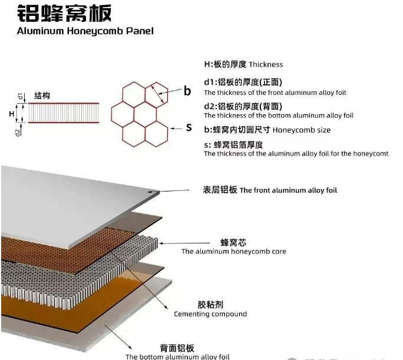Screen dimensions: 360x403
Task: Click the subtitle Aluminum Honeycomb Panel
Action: point(85,31)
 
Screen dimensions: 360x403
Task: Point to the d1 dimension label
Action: point(20,96)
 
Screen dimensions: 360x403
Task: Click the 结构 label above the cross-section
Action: point(42,96)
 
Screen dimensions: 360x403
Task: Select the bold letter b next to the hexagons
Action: point(187,91)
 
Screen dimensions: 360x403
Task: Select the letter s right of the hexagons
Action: point(189,127)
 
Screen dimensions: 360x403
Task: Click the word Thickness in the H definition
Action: point(266,64)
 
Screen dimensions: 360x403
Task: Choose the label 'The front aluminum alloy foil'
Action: point(289,190)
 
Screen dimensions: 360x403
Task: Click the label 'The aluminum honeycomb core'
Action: point(233,252)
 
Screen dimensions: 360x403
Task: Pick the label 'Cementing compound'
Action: point(210,314)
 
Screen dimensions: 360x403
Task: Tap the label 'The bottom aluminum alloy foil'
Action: point(177,356)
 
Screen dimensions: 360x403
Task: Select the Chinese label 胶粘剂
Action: point(210,305)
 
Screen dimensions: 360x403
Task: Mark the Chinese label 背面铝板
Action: point(177,348)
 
